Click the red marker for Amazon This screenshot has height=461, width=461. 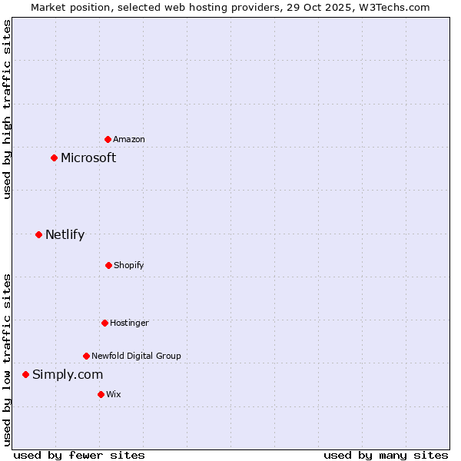click(108, 139)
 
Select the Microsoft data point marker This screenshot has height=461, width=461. click(54, 158)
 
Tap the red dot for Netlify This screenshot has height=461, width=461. click(38, 234)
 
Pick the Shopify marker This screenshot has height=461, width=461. click(108, 265)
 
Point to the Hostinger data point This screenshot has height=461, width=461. click(104, 323)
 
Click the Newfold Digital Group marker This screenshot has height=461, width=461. click(86, 356)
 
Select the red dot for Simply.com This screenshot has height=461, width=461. click(25, 374)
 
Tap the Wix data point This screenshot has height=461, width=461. click(101, 394)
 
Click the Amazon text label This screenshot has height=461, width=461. click(129, 139)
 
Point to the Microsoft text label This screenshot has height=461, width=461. click(88, 158)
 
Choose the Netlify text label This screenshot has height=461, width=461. click(65, 234)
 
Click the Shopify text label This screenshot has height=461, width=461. click(129, 265)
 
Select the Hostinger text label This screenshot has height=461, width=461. click(129, 323)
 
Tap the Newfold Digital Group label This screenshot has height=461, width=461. click(136, 356)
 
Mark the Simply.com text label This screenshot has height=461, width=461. click(68, 374)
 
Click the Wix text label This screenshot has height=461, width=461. click(114, 394)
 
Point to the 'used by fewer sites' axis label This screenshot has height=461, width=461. click(79, 455)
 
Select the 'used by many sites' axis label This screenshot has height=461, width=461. click(386, 455)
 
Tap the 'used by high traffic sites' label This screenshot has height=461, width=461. click(7, 109)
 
